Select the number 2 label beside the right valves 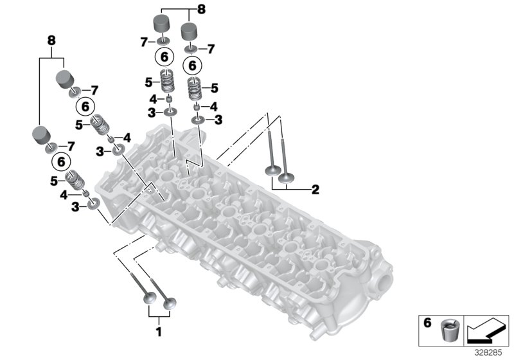315,190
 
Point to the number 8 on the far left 51,40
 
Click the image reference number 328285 490,352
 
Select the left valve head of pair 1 148,299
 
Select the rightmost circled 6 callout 191,65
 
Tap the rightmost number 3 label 219,120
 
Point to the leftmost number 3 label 76,206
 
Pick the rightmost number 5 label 215,88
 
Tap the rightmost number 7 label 211,48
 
